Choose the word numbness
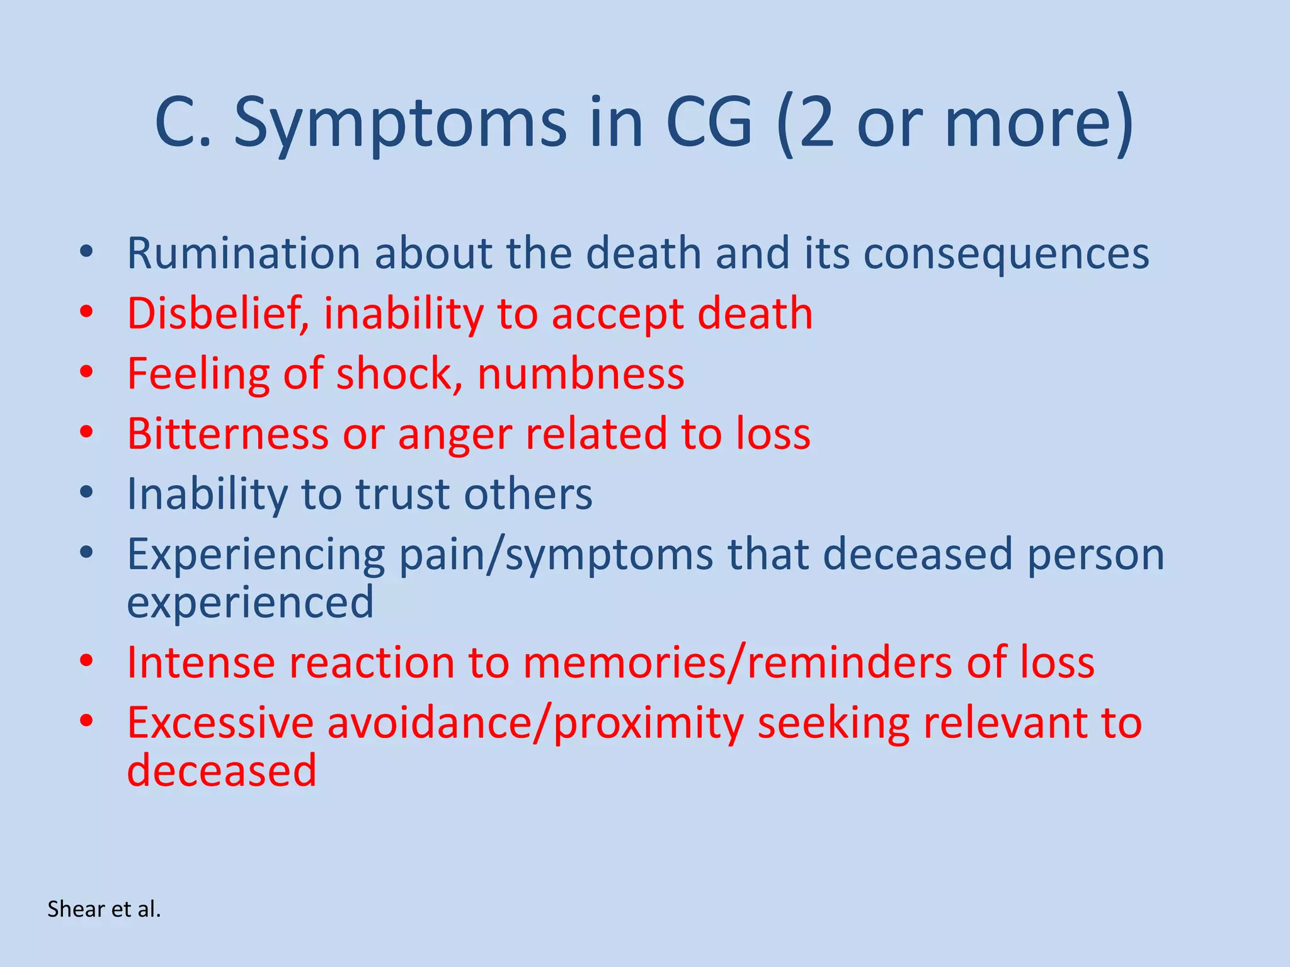[x=581, y=374]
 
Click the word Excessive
[x=220, y=723]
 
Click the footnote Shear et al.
[x=104, y=909]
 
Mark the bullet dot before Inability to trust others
[x=86, y=492]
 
